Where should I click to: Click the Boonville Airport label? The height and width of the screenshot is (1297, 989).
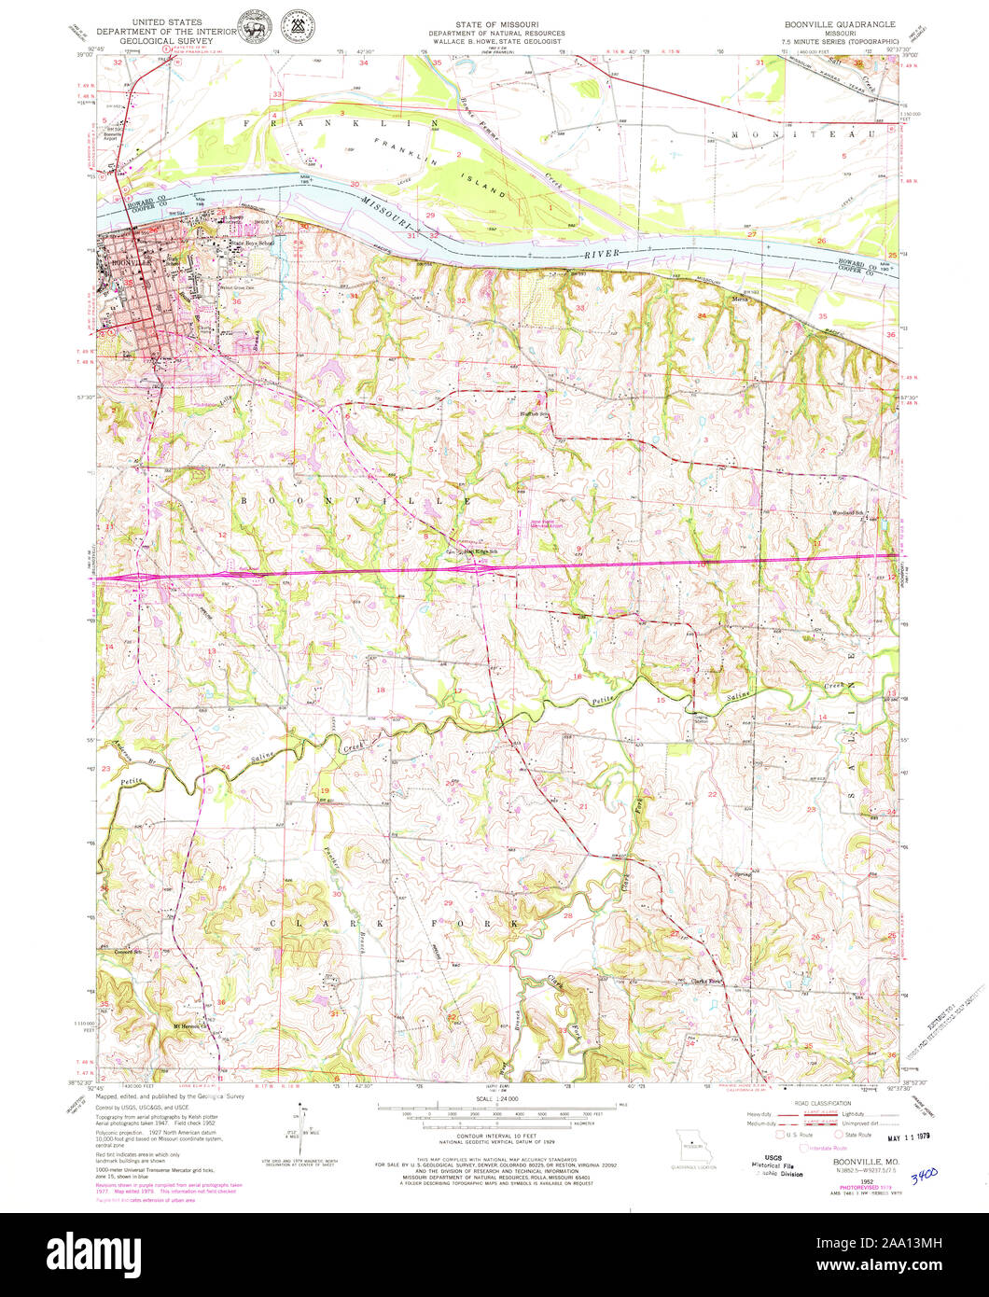[113, 134]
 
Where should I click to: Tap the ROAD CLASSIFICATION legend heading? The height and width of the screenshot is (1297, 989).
[820, 1104]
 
